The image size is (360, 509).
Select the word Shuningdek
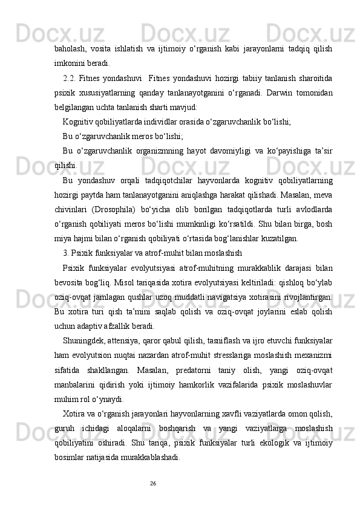click(x=88, y=342)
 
